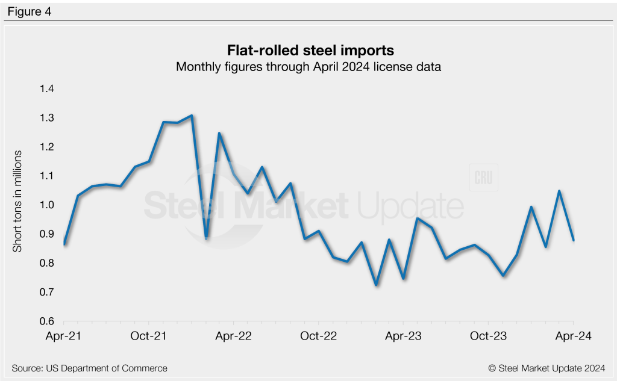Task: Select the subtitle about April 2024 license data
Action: tap(308, 67)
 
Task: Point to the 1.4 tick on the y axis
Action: tap(47, 89)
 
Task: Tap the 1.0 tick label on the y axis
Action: tap(47, 205)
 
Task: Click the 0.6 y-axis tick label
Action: tap(47, 321)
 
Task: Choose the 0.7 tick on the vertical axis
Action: tap(47, 293)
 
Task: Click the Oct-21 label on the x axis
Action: tap(148, 336)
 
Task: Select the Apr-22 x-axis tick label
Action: tap(233, 336)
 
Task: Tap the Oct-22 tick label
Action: tap(318, 336)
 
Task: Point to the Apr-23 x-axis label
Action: tap(402, 336)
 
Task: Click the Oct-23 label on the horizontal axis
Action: tap(487, 336)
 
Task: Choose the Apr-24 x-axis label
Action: tap(572, 336)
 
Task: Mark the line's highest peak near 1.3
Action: tap(191, 116)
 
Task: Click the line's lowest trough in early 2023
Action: tap(376, 285)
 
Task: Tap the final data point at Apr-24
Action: tap(573, 240)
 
